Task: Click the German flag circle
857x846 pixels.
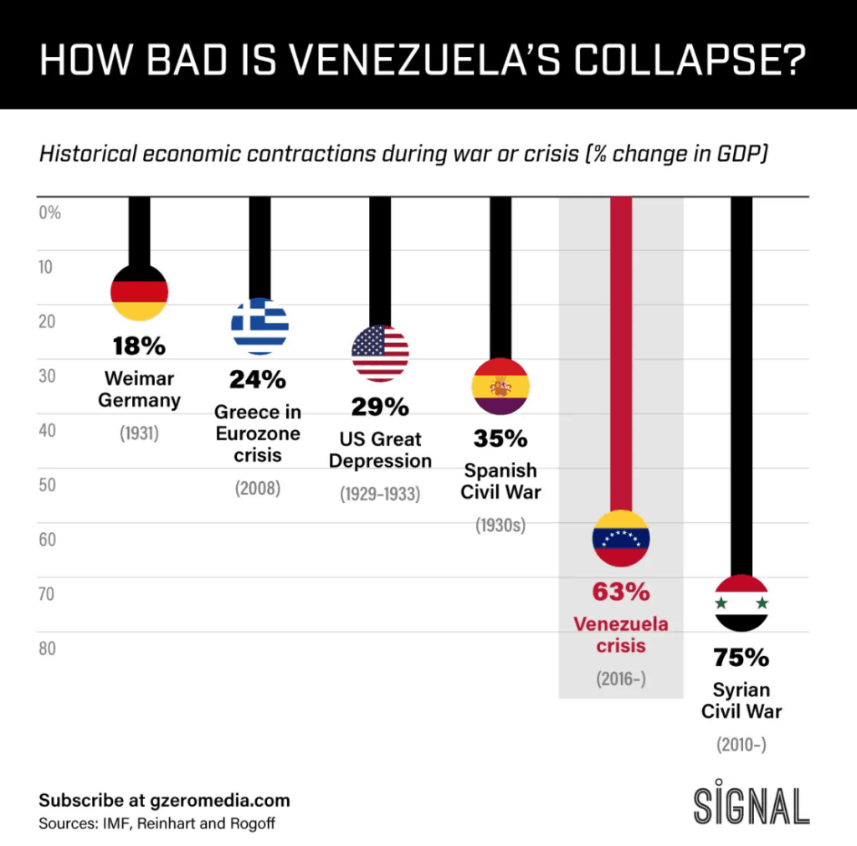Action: click(140, 292)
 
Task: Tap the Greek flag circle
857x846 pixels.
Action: click(259, 326)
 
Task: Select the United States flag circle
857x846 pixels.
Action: click(380, 353)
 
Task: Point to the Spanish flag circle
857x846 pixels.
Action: click(500, 386)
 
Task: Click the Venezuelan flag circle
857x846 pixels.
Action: click(620, 538)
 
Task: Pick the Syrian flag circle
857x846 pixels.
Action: click(742, 603)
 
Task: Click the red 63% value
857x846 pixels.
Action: click(620, 592)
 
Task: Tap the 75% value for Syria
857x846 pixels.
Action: click(742, 658)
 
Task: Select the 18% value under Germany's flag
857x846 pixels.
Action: click(140, 346)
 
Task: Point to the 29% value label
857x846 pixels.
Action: click(380, 408)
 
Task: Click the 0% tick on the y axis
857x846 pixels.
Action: click(50, 213)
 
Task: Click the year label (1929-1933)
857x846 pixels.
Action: click(380, 494)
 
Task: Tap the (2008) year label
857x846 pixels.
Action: click(258, 488)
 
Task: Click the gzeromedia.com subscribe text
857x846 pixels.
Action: click(164, 800)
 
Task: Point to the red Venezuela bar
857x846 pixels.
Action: click(620, 351)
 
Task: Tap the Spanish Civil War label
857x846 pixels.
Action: click(500, 481)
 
